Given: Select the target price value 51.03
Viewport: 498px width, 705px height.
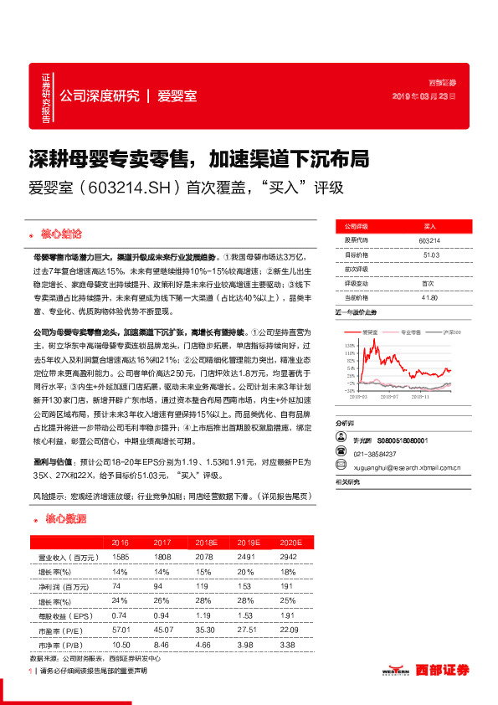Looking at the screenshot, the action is pyautogui.click(x=431, y=255).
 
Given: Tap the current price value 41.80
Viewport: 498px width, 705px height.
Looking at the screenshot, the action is pyautogui.click(x=431, y=297).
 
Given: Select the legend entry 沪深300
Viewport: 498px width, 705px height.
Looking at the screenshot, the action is pyautogui.click(x=445, y=332).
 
